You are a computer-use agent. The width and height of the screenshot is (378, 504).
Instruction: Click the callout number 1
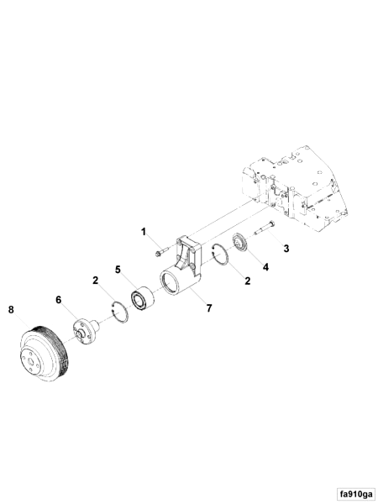[x=144, y=231]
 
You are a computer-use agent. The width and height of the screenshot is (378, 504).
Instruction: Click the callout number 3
[x=286, y=249]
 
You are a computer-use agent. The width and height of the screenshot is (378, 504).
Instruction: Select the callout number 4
[x=266, y=267]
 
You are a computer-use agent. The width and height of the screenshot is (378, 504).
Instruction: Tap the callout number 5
[x=118, y=270]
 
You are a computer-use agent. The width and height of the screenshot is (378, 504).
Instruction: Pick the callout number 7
[x=208, y=307]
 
